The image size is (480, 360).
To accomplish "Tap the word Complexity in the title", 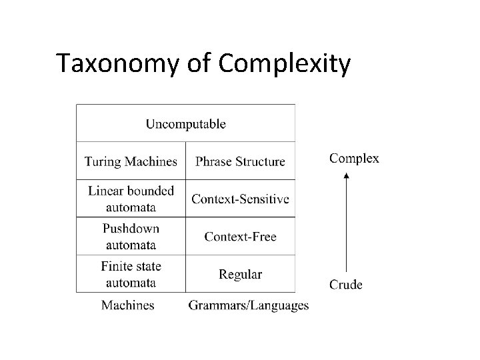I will coord(284,64).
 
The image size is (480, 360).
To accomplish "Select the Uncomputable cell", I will coord(185,123).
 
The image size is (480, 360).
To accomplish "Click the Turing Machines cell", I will coord(131,161).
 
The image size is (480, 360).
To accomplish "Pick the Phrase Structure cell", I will coord(240,161).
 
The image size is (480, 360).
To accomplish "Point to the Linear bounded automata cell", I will coord(131,198).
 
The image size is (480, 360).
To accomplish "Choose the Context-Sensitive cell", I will coord(240,199).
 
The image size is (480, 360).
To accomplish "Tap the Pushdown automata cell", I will coord(131,236).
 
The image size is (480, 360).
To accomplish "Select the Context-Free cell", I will coord(240,237).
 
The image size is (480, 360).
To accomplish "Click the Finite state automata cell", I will coord(131,274).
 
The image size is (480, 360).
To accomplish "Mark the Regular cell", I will coord(240,274).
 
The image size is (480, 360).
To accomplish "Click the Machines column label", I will coord(127,305).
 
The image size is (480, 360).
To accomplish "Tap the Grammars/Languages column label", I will coord(249,305).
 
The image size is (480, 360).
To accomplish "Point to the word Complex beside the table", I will coord(355,159).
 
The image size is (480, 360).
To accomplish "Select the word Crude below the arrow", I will coord(346,285).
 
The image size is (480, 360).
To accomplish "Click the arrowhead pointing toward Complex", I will coord(346,175).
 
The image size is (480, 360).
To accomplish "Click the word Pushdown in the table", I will coord(131,229).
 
